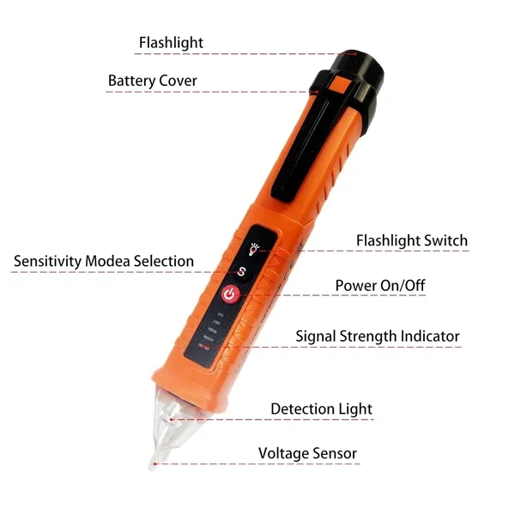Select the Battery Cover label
(152, 82)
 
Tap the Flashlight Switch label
(412, 240)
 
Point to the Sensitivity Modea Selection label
(104, 261)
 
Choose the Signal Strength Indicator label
(378, 336)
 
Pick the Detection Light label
(321, 409)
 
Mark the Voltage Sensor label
(307, 453)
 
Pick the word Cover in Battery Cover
(178, 82)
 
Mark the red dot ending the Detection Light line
(174, 420)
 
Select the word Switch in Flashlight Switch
(445, 240)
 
